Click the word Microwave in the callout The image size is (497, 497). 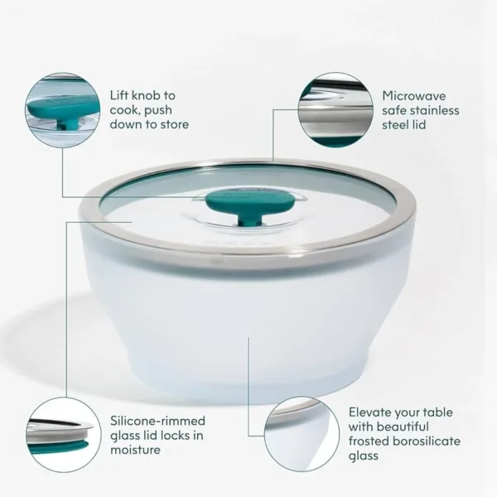coord(414,96)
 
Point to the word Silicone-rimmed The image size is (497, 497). coord(158,421)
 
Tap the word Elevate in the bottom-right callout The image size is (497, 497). coord(369,413)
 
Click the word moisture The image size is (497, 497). coord(135,450)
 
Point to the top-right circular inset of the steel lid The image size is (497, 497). coord(335,110)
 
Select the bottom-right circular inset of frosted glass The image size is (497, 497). coord(302,434)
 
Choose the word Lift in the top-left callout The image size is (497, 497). coord(118,95)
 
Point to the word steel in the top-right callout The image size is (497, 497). coord(396,124)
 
